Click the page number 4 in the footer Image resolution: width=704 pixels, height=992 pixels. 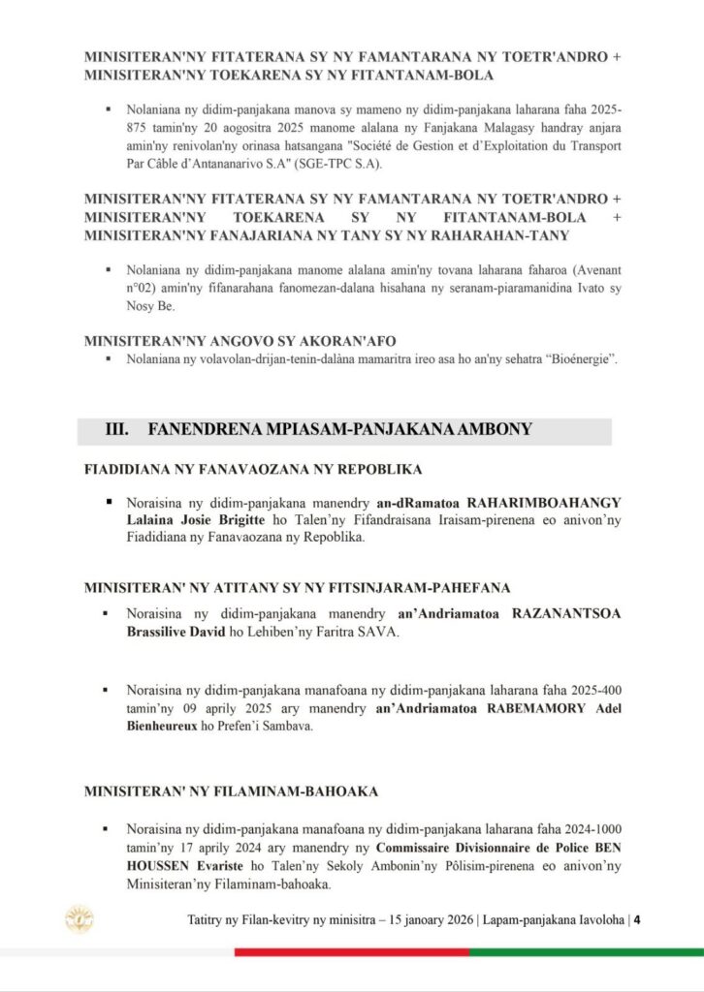637,919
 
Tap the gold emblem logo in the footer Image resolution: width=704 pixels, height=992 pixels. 79,917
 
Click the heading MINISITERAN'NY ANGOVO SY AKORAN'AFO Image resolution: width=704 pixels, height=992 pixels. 240,340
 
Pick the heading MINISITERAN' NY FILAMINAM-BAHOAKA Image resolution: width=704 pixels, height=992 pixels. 231,791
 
